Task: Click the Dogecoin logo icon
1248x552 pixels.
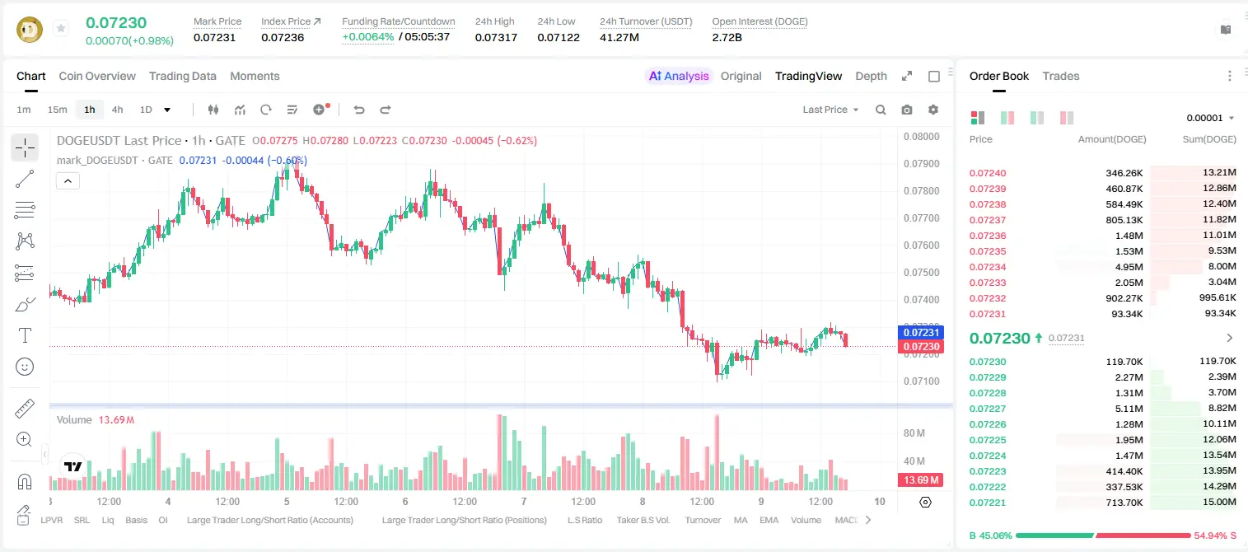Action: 30,30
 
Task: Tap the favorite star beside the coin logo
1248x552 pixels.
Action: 61,28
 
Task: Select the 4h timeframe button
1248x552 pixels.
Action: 117,110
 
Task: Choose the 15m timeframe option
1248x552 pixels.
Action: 58,110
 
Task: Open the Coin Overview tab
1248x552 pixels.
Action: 97,77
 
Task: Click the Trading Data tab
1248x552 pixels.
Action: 182,77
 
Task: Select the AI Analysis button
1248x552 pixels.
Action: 679,77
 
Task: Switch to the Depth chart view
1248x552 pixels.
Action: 871,77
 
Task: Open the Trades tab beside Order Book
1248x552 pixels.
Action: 1061,77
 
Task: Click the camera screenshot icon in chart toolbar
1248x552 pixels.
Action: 907,110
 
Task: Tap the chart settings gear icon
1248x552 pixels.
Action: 933,110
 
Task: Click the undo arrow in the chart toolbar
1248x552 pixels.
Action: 359,110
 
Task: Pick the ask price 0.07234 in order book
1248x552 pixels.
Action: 987,267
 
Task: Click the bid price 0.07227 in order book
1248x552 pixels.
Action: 987,409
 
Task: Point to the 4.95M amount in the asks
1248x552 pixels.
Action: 1129,267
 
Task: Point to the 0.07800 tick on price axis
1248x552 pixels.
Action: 922,191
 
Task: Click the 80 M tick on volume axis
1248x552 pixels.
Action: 914,433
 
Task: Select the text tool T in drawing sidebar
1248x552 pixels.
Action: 25,335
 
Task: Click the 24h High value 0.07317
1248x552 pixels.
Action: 496,37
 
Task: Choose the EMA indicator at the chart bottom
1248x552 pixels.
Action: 769,520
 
